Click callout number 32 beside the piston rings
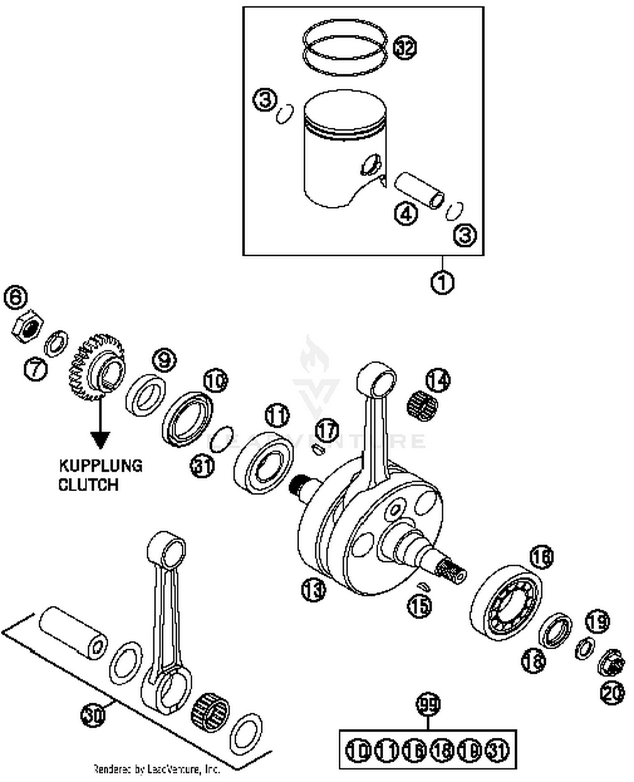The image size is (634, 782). (404, 47)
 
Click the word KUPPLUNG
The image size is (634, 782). (101, 466)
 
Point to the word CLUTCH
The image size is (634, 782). (88, 484)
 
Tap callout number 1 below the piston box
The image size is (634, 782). (442, 282)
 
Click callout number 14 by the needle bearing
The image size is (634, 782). (437, 380)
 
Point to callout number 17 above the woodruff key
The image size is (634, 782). (328, 430)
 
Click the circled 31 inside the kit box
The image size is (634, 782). (498, 750)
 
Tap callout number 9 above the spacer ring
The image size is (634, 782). (164, 360)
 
